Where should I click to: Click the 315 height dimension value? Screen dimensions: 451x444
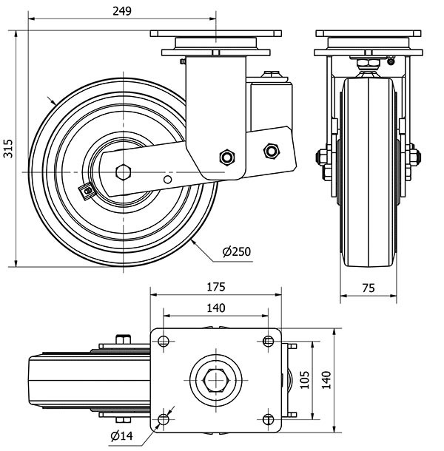click(x=8, y=148)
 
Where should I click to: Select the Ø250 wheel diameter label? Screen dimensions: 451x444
click(x=237, y=251)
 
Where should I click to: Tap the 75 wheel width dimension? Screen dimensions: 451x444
click(x=367, y=289)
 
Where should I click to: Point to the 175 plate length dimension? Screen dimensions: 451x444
click(x=215, y=286)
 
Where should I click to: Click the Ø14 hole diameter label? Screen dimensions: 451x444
click(x=121, y=435)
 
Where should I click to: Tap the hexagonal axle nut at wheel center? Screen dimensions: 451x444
click(x=124, y=172)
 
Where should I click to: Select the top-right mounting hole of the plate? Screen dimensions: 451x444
click(x=267, y=341)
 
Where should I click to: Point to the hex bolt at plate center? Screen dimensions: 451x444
click(x=215, y=380)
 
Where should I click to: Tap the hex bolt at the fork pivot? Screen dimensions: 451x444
click(x=226, y=157)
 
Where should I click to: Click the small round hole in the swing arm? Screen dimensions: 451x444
click(x=168, y=180)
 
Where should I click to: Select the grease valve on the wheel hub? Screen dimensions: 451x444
click(x=88, y=191)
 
